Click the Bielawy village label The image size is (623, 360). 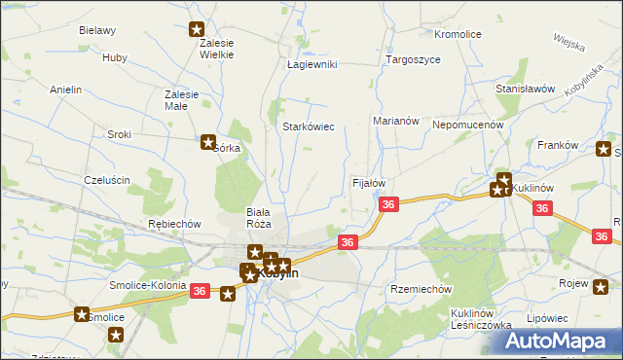[97, 30]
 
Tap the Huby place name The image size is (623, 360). [114, 57]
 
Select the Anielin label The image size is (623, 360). [65, 90]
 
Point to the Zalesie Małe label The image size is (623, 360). [182, 100]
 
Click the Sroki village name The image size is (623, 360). [120, 134]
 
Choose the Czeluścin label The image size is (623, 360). [107, 180]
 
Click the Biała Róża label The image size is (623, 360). [258, 217]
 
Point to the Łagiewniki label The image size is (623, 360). [311, 64]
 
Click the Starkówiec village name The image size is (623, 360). [309, 126]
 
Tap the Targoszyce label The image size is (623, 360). [413, 59]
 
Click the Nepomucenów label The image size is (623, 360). [467, 125]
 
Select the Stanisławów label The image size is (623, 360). [525, 89]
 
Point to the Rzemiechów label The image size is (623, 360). [421, 289]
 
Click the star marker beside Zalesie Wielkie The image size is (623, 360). [198, 29]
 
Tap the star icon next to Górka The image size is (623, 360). [207, 142]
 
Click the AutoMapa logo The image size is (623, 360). [565, 341]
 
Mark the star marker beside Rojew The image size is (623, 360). [604, 284]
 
